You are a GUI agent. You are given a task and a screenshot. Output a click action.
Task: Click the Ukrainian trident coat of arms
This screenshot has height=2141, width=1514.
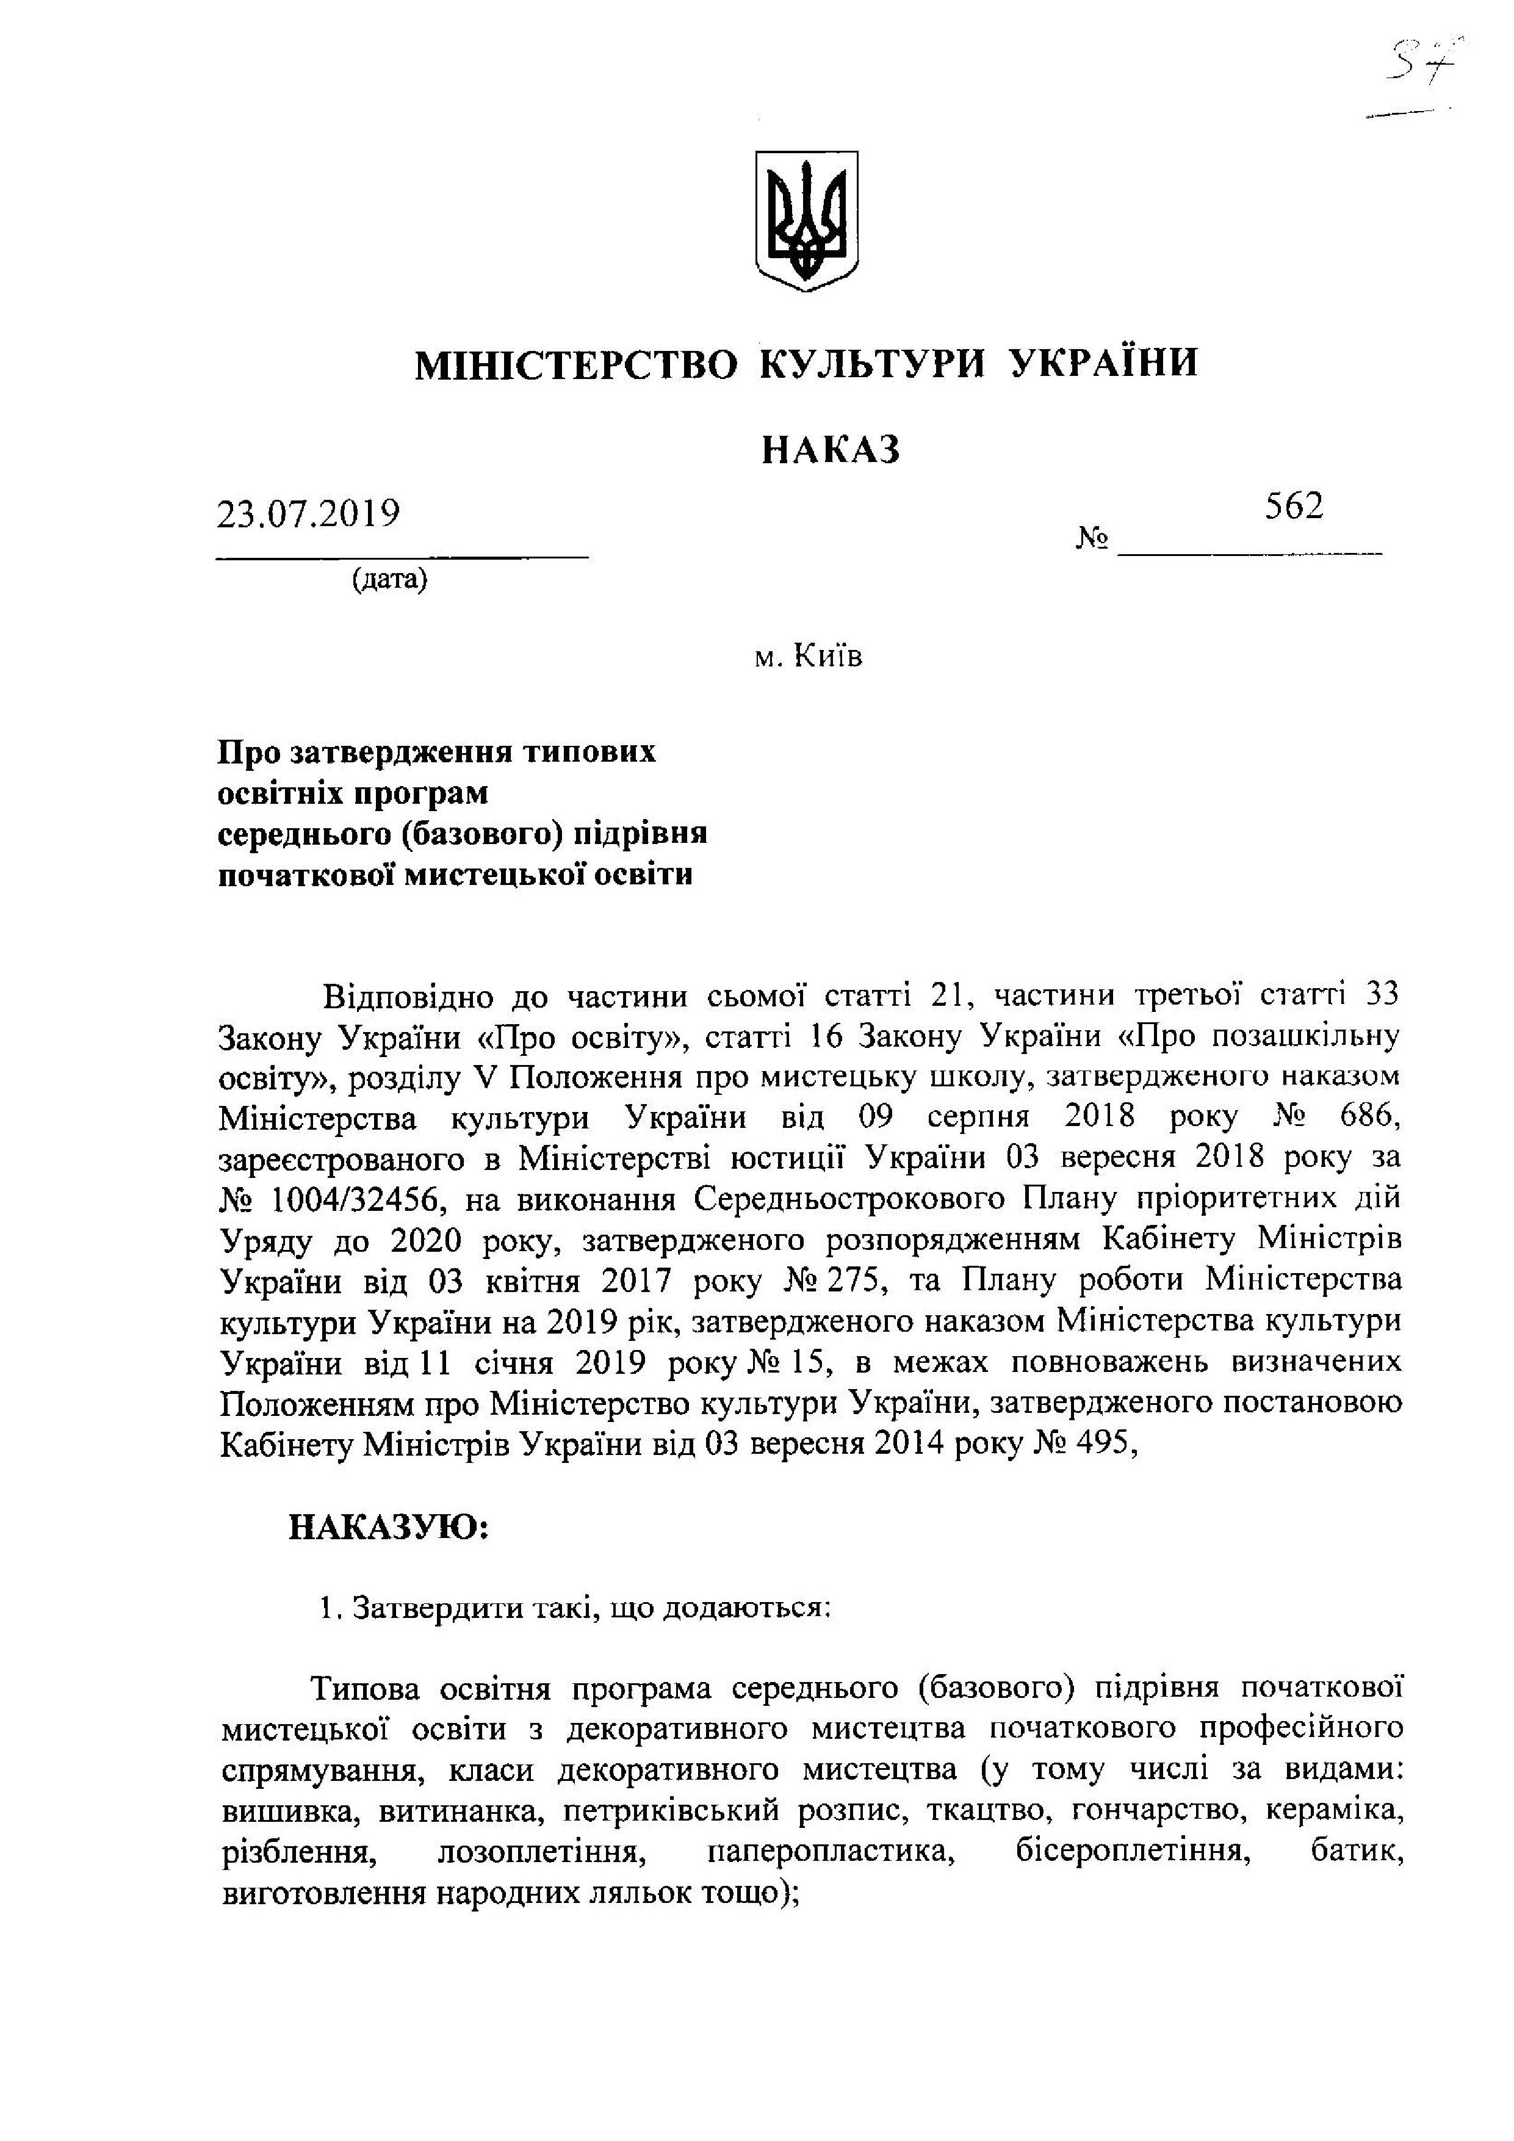coord(806,221)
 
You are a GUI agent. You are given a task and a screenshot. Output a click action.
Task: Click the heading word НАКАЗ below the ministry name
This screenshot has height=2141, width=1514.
coord(831,450)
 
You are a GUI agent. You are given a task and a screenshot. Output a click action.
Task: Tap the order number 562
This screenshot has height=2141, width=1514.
coord(1294,507)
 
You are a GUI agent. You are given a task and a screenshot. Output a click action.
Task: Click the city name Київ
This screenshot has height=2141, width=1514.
coord(828,657)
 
